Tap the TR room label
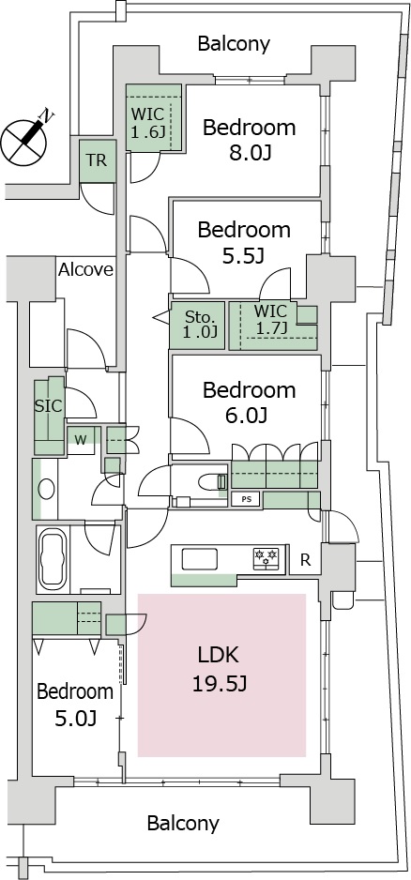click(x=97, y=160)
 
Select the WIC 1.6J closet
click(x=153, y=117)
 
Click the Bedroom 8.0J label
click(x=249, y=139)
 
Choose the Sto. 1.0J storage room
click(x=198, y=326)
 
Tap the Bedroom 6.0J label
click(x=249, y=402)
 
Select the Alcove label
click(x=86, y=270)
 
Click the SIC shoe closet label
click(x=48, y=407)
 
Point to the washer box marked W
click(x=82, y=440)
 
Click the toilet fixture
click(x=213, y=481)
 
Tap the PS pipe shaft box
click(x=246, y=499)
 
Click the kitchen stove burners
click(x=266, y=556)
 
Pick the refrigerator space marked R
click(x=305, y=559)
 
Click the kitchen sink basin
click(x=199, y=559)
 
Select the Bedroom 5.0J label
click(x=75, y=704)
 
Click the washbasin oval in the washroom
click(x=46, y=489)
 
